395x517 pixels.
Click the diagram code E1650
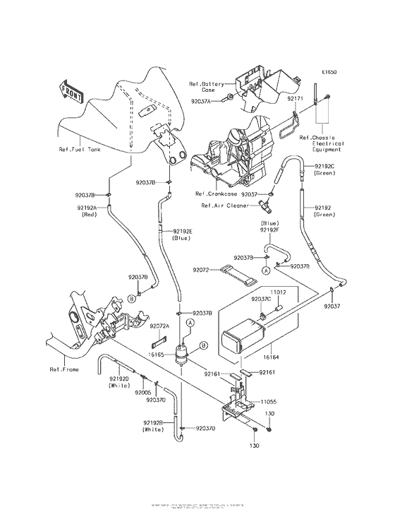pyautogui.click(x=329, y=72)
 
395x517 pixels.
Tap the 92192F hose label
pyautogui.click(x=269, y=230)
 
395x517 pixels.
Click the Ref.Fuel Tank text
pyautogui.click(x=78, y=150)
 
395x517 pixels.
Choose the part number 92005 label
pyautogui.click(x=144, y=391)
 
